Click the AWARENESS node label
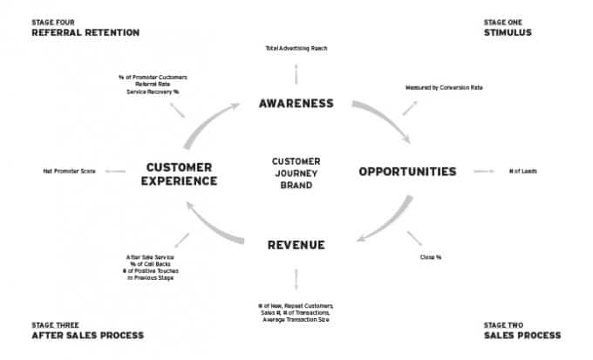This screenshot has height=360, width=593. point(296,104)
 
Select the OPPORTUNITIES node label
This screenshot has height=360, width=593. point(407,172)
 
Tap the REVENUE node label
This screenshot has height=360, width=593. point(296,245)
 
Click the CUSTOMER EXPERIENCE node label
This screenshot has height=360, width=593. point(181,173)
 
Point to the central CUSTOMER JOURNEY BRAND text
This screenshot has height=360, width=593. point(296,173)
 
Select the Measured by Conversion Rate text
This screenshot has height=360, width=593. point(444,88)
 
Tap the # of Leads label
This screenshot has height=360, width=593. point(523,172)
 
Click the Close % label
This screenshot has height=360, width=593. point(431,257)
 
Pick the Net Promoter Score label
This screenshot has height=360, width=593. point(69,172)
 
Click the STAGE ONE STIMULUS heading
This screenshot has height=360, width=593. point(509,27)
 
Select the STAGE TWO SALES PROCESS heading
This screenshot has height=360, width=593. point(522,330)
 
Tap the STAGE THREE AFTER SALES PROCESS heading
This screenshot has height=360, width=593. point(87,330)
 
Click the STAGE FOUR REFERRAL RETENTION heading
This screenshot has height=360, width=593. point(85,27)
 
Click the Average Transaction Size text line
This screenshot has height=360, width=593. point(296,320)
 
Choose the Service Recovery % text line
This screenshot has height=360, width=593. point(153,91)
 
